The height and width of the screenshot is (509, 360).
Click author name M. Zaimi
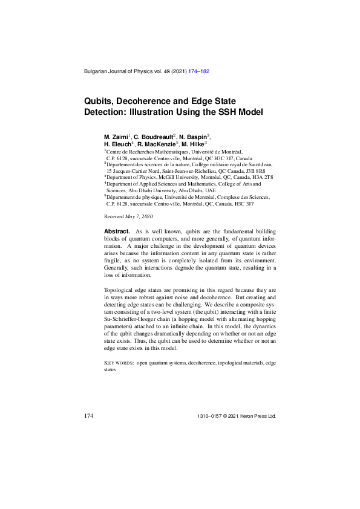tap(116, 138)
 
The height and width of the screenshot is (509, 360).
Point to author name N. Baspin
tap(193, 138)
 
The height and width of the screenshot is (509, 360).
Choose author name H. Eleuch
tap(117, 145)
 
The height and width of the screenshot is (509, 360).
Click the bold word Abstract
tap(117, 232)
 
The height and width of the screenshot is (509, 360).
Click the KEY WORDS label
tap(119, 363)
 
